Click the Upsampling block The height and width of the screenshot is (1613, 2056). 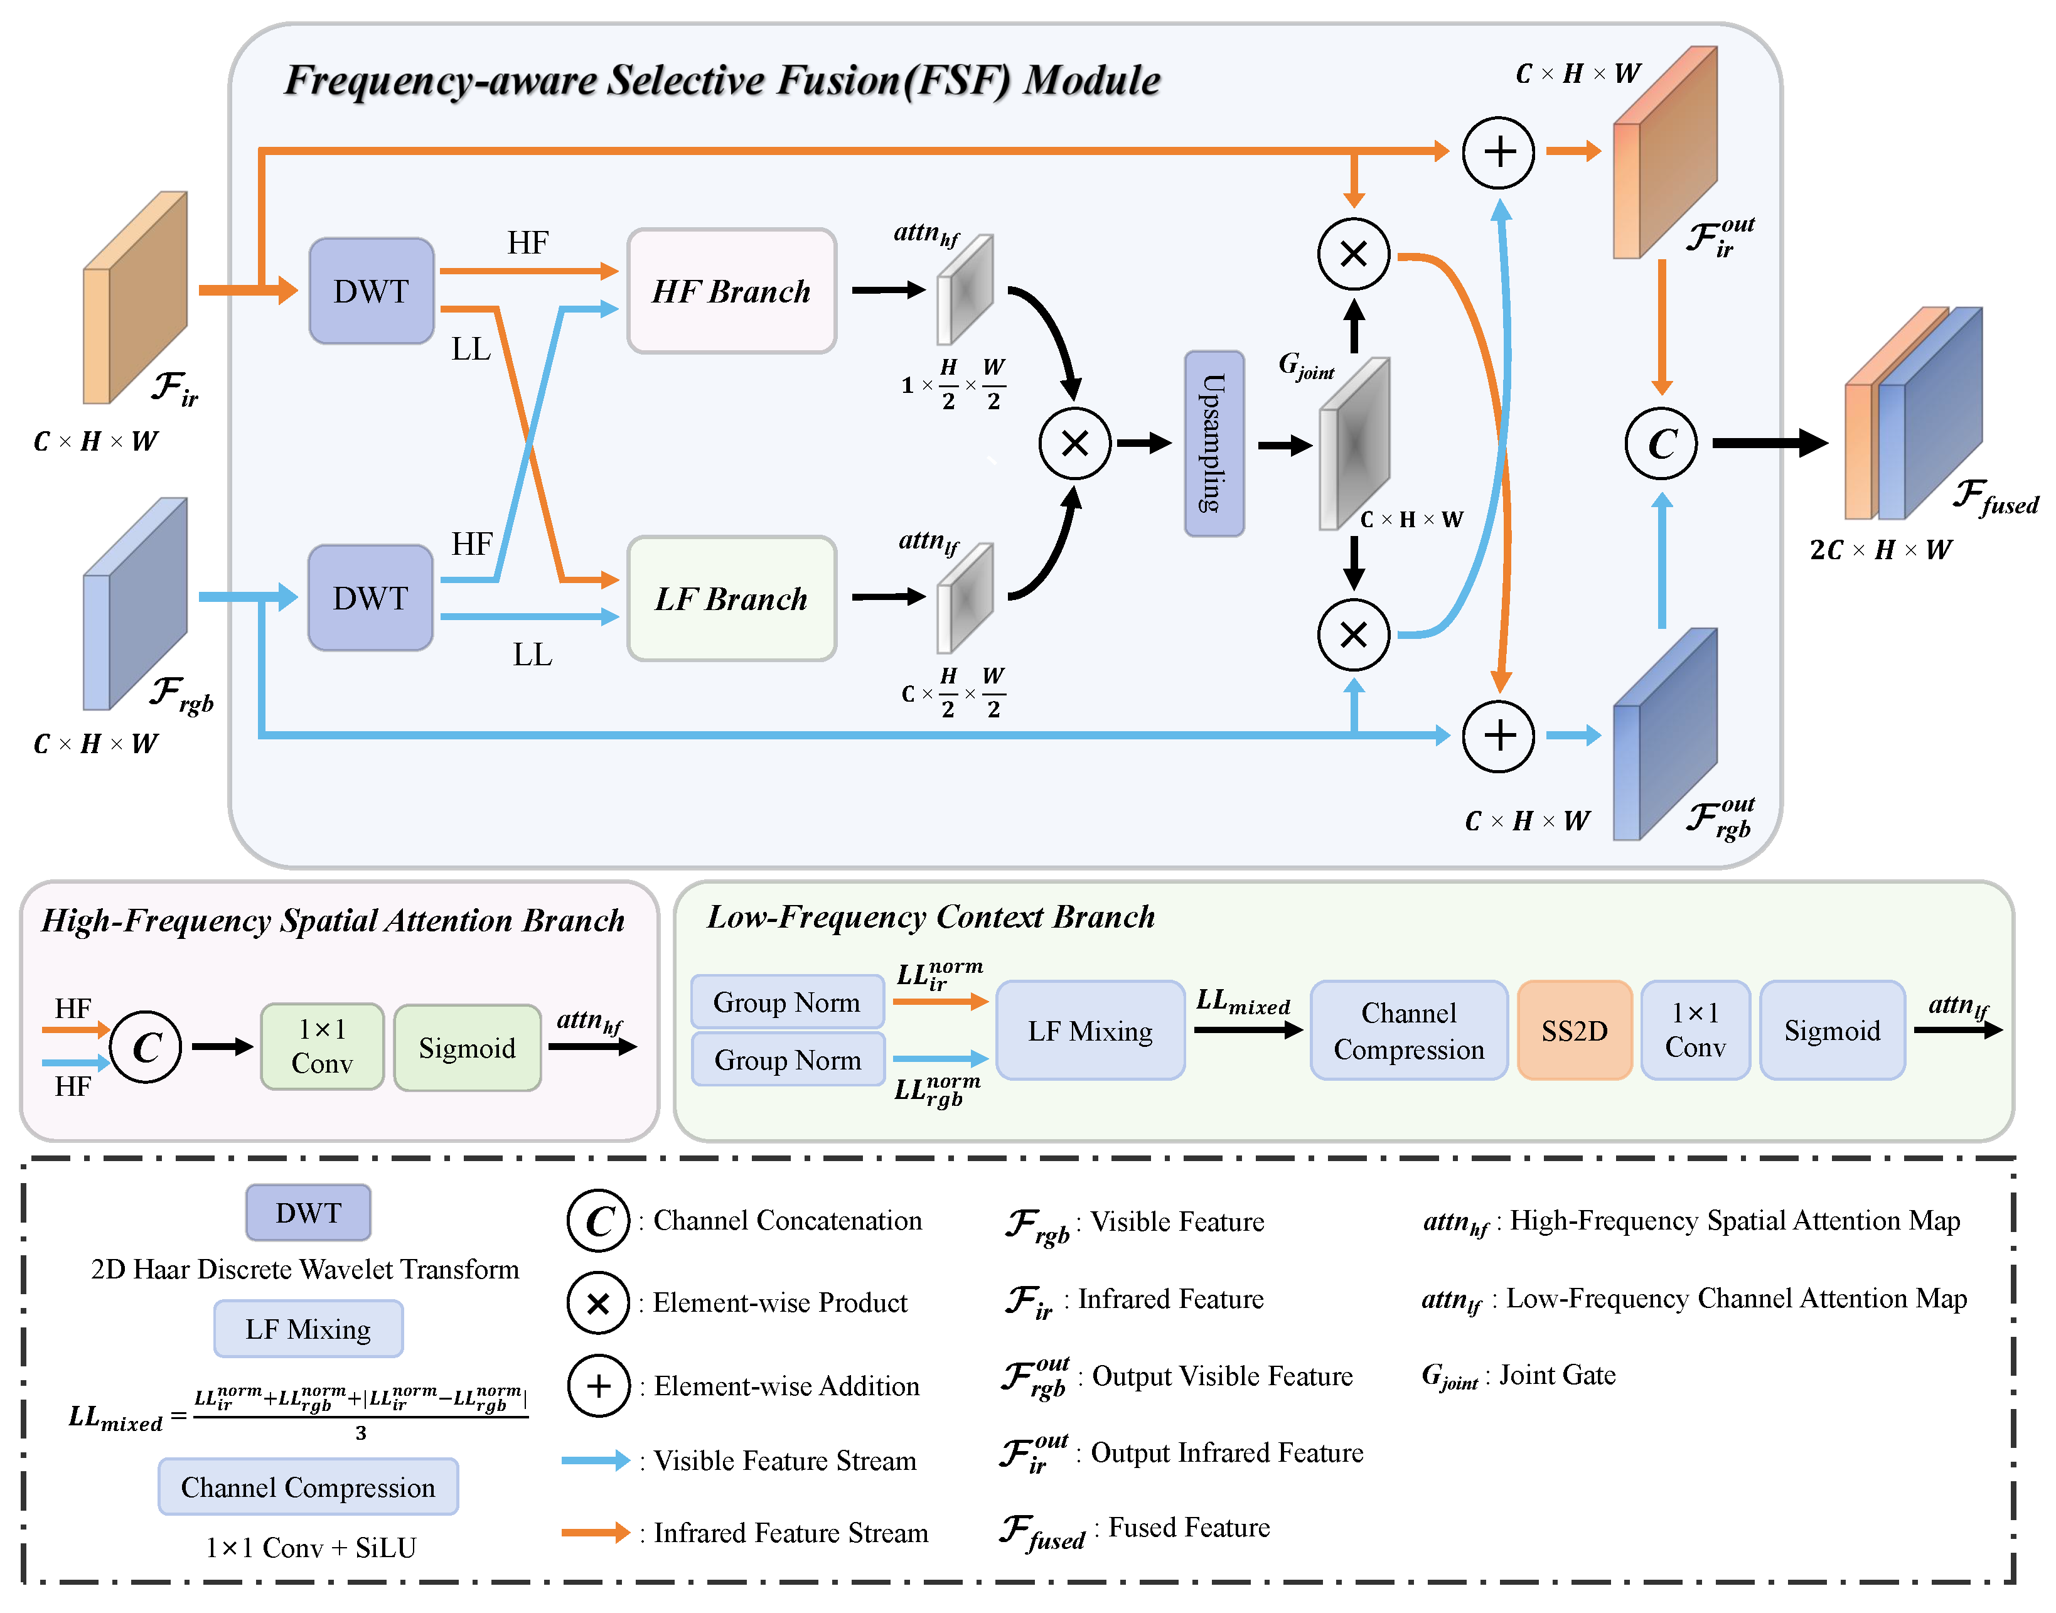[x=1214, y=443]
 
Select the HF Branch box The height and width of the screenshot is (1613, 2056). [x=731, y=291]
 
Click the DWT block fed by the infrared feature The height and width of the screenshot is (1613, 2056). [x=371, y=291]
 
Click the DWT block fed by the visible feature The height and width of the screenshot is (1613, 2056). [x=370, y=598]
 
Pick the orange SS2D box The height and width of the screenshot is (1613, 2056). [x=1575, y=1031]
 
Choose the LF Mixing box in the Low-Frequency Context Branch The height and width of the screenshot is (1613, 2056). [x=1090, y=1031]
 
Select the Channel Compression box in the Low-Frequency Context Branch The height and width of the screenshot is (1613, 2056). [x=1408, y=1031]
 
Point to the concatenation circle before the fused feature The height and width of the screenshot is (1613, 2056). [x=1661, y=443]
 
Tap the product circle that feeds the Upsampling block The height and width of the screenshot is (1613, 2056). [x=1074, y=443]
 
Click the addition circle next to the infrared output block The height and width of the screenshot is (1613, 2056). [x=1499, y=152]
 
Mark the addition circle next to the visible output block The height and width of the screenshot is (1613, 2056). [x=1499, y=736]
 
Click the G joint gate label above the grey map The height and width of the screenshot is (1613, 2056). [x=1306, y=365]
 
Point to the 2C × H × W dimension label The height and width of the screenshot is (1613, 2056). [x=1880, y=550]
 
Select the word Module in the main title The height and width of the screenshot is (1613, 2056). [x=1093, y=80]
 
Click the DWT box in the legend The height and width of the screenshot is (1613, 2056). [x=308, y=1213]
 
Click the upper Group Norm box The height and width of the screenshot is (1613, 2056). [x=787, y=1002]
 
